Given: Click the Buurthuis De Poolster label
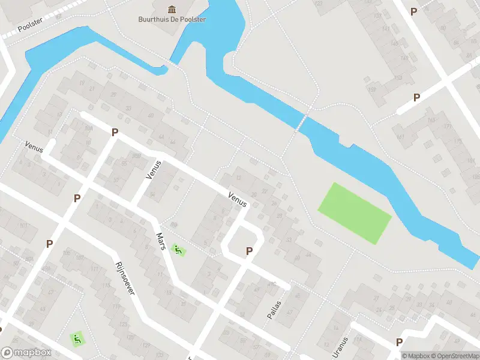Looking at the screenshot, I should [172, 19].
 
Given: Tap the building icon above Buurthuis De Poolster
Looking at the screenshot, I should [172, 8].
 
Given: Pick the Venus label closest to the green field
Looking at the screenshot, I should [238, 200].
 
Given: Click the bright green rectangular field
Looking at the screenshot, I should [354, 213].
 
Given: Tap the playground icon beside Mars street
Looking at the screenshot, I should [177, 248].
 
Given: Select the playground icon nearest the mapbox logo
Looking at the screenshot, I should [76, 339].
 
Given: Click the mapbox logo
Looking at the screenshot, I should [26, 353].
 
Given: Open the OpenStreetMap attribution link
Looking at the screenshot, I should [455, 356].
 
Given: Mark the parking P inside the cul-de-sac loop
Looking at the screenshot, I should [249, 251].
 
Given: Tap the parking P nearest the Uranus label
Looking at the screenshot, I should [399, 342].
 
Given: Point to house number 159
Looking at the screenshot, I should [373, 89].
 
